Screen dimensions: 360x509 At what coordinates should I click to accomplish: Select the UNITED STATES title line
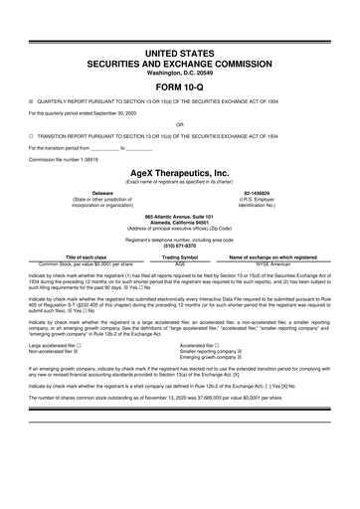[179, 51]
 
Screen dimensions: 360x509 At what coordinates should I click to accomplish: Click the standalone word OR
[179, 124]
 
